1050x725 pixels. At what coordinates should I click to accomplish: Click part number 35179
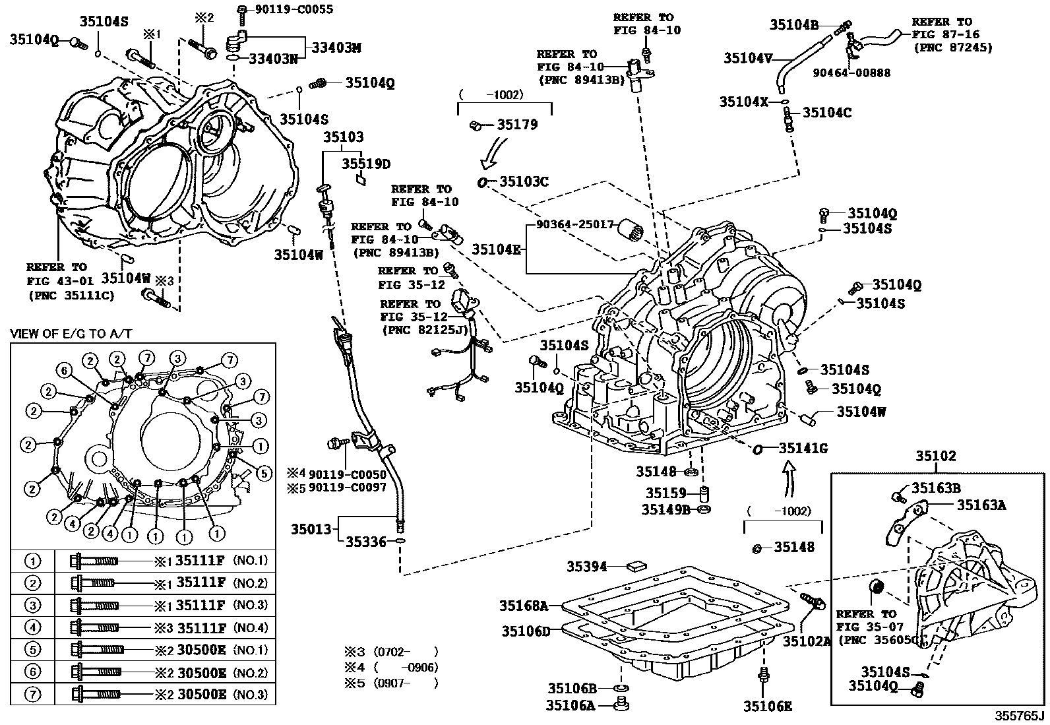pos(517,124)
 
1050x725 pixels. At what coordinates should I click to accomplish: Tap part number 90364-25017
pos(575,224)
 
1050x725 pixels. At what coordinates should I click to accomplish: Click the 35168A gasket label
pos(524,606)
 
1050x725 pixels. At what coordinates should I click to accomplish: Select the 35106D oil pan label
pos(525,631)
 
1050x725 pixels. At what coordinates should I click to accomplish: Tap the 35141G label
pos(803,449)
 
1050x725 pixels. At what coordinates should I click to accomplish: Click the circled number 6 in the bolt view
pos(63,371)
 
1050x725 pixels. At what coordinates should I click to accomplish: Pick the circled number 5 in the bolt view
pos(263,472)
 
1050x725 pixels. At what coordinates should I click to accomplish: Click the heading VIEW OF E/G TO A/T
pos(71,334)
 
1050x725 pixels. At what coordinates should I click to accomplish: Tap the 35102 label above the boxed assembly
pos(935,456)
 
